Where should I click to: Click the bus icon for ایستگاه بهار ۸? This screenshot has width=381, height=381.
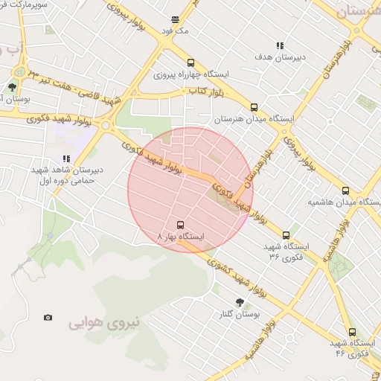coord(179,224)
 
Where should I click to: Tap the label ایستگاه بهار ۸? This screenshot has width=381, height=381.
coord(181,237)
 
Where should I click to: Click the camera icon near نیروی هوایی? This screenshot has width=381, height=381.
coord(48,318)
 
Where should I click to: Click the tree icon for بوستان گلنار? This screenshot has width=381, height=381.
coord(240,302)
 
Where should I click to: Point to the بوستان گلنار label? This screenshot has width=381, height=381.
coord(237,315)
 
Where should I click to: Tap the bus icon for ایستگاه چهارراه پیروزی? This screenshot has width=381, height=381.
coord(191,63)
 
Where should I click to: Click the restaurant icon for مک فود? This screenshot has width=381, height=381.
coord(176,20)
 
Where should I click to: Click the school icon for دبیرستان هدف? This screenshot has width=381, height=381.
coord(280,45)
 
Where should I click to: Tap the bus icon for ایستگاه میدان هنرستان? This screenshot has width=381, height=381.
coord(254,107)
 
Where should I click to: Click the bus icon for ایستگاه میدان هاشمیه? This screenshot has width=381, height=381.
coord(345,190)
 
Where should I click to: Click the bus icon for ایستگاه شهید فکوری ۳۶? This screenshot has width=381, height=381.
coord(286,236)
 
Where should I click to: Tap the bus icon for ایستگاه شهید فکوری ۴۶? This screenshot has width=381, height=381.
coord(352,333)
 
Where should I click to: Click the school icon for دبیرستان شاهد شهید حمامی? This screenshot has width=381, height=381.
coord(66,159)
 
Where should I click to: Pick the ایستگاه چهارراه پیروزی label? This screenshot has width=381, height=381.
coord(191,75)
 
